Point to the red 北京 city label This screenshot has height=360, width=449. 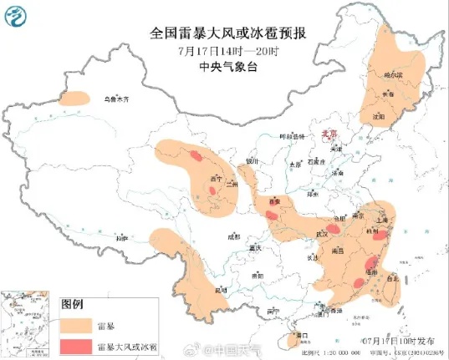329,133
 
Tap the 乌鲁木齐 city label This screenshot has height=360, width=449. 117,99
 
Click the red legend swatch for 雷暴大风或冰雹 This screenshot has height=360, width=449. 74,345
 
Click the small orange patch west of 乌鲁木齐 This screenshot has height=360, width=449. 74,99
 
